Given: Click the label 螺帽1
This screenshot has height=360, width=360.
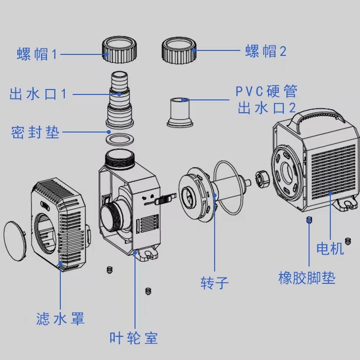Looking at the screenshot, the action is (x=37, y=54).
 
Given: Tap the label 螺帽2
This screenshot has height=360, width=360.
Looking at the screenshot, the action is (x=266, y=51).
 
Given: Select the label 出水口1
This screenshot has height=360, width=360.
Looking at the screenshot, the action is (x=38, y=94).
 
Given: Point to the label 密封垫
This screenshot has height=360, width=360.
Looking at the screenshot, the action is (x=35, y=132).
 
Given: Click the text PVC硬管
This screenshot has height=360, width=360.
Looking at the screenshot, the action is (x=267, y=91).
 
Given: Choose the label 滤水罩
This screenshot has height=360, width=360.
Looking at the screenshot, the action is (x=60, y=318).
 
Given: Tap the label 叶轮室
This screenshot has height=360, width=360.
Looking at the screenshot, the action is (x=134, y=338).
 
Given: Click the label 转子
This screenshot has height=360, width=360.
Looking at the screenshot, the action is (x=215, y=283).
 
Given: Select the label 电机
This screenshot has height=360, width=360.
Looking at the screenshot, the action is (x=330, y=248).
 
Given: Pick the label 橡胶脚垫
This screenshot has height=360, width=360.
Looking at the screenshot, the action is (x=307, y=278).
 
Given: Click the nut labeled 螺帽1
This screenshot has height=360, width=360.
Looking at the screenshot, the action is (x=119, y=49).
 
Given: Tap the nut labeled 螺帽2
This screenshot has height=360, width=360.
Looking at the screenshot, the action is (x=179, y=50).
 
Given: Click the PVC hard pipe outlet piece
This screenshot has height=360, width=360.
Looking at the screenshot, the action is (x=180, y=112).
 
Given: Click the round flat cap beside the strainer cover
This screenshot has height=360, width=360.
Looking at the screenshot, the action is (x=15, y=241).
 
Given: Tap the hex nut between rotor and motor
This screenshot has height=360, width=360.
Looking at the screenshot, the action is (x=262, y=179).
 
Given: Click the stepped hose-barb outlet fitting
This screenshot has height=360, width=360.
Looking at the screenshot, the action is (x=120, y=100).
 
